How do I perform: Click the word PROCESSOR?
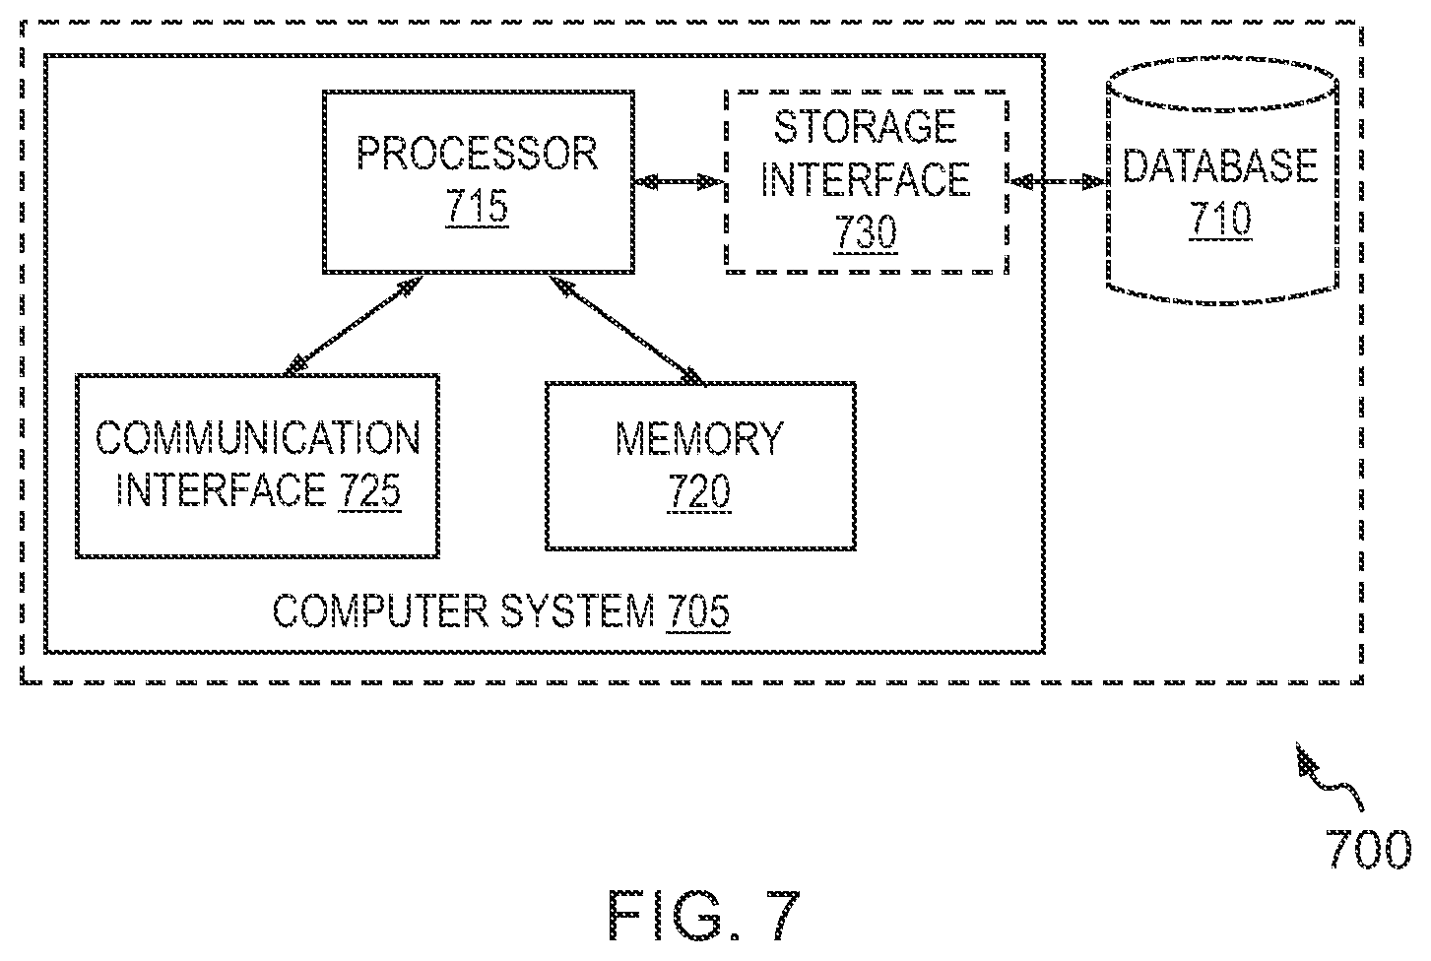[x=478, y=154]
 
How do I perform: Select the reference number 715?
[x=478, y=206]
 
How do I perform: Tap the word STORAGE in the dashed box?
[x=865, y=126]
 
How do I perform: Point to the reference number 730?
[x=866, y=231]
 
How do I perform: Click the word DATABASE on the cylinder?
[x=1220, y=165]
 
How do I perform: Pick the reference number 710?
[x=1220, y=219]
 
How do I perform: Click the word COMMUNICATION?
[x=258, y=438]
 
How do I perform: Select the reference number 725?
[x=370, y=490]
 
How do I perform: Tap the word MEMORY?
[x=699, y=439]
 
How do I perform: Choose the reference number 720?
[x=699, y=491]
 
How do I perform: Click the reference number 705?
[x=697, y=611]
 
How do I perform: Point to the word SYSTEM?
[x=577, y=611]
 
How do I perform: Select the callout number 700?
[x=1368, y=849]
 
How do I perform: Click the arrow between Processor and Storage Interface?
[x=679, y=182]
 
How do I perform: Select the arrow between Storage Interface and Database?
[x=1058, y=182]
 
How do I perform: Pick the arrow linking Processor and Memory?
[x=626, y=330]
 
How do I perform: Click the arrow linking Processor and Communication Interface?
[x=353, y=325]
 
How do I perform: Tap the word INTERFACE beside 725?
[x=221, y=490]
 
